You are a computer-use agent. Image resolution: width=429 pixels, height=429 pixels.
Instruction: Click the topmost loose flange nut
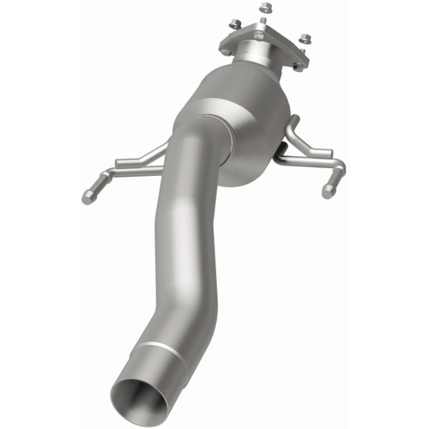263,8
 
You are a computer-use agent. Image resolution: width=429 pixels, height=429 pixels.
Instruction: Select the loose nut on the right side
304,37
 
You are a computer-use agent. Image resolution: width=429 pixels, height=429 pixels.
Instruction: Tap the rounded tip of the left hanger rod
88,197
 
